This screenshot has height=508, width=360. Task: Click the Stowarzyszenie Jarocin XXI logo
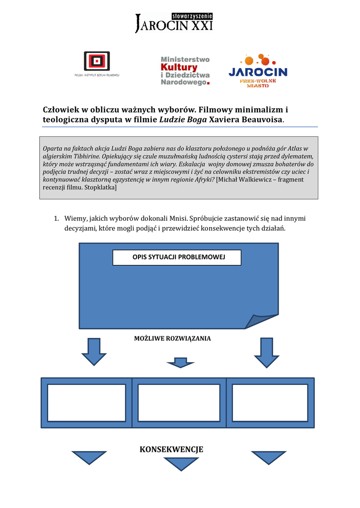click(173, 23)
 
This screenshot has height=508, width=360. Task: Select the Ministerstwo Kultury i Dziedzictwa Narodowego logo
click(185, 70)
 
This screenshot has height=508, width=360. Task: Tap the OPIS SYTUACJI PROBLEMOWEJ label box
click(177, 257)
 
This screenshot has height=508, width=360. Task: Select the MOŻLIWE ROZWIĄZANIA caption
click(172, 338)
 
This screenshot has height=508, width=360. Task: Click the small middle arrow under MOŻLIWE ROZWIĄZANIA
click(180, 363)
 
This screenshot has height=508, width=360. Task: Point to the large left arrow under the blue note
click(93, 351)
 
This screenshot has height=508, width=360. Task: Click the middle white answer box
click(179, 402)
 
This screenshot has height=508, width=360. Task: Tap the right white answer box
click(270, 402)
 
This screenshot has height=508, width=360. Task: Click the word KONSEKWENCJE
click(171, 449)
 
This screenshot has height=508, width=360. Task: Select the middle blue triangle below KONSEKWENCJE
click(181, 463)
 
